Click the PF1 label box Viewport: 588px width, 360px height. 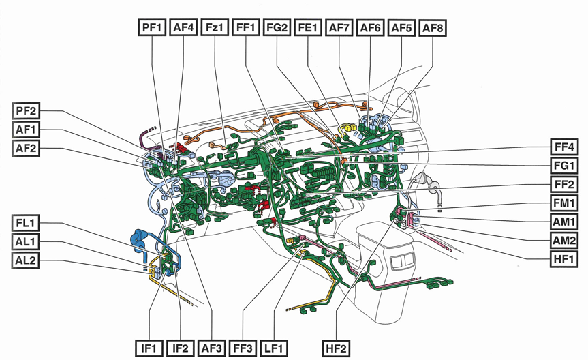152,28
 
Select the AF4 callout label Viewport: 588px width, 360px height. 183,28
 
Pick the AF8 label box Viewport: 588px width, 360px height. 433,28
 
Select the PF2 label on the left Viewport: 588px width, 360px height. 28,111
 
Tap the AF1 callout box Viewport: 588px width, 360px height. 28,130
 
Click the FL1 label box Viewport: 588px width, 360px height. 28,223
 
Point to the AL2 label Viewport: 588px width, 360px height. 28,260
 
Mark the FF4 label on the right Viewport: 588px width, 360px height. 564,147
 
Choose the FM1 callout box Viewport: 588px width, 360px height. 564,203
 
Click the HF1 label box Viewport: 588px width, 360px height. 564,259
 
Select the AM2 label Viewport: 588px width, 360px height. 564,240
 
